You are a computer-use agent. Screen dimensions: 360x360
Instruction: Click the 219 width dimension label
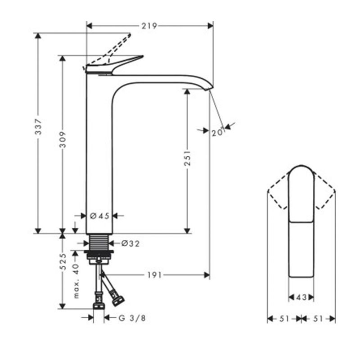coord(149,26)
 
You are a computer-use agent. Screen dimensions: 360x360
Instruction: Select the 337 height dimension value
coord(38,126)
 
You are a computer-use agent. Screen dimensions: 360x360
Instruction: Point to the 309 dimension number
coord(63,139)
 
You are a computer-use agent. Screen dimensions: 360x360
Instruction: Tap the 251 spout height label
coord(187,158)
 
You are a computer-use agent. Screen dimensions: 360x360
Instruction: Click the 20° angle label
coord(217,132)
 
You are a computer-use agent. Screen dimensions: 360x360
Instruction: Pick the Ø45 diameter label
coord(99,216)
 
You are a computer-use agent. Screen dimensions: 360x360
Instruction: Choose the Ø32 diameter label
coord(130,243)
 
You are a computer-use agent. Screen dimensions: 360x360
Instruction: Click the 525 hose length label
coord(63,261)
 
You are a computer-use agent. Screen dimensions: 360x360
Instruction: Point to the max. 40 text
coord(76,281)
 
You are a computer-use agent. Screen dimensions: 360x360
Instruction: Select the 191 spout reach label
coord(154,275)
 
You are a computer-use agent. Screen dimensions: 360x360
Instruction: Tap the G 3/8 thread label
coord(132,318)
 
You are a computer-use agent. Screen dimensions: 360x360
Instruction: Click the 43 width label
coord(301,297)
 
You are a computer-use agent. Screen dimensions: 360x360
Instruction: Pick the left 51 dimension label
coord(284,319)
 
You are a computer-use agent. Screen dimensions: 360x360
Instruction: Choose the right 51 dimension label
coord(318,319)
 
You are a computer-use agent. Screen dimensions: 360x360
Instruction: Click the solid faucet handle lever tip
coord(143,56)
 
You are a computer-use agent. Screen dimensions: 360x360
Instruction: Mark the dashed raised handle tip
coord(130,35)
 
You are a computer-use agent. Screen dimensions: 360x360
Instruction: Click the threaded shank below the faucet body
coord(99,242)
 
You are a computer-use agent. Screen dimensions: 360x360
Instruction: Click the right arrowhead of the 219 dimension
coord(210,26)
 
